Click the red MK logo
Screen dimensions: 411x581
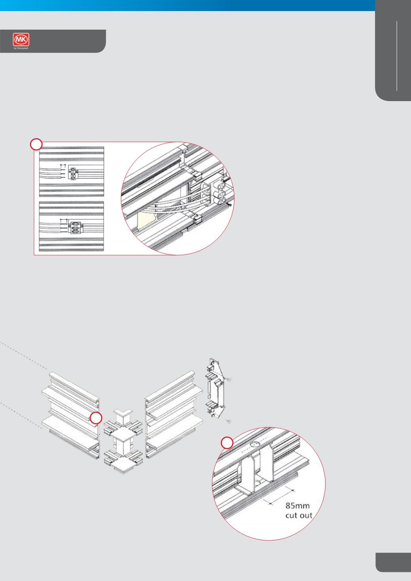(21, 39)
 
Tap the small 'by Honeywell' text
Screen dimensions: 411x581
(21, 48)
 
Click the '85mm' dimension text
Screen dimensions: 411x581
(298, 506)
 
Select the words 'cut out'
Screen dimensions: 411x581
(299, 515)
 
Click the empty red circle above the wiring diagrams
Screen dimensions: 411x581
(36, 144)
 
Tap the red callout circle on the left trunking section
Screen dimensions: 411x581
(96, 418)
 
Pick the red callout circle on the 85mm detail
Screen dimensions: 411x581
(227, 443)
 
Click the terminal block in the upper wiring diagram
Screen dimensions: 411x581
(73, 173)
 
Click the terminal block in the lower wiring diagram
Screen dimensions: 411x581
(75, 227)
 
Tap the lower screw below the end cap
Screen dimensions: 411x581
(229, 421)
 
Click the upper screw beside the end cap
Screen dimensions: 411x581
(228, 380)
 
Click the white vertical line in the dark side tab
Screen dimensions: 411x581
(397, 56)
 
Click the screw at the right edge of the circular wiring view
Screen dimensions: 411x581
(229, 205)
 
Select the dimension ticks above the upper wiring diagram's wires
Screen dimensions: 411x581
(63, 165)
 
